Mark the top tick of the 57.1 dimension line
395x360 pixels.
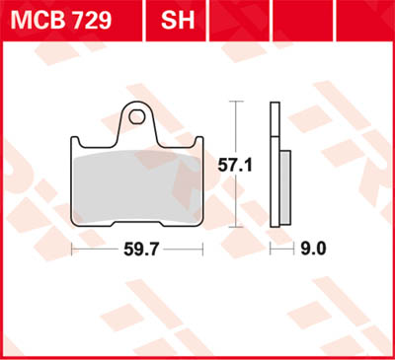pyautogui.click(x=234, y=101)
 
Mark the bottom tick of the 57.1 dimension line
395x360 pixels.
pyautogui.click(x=234, y=227)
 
